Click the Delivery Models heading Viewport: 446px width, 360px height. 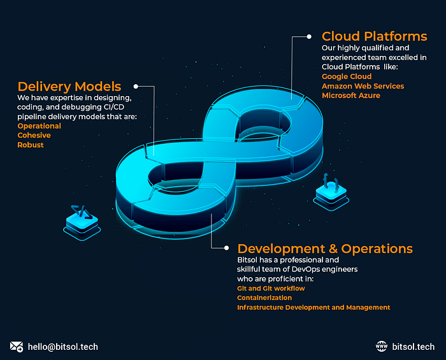click(69, 86)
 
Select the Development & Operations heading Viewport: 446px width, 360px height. click(325, 248)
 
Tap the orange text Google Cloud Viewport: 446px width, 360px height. click(347, 76)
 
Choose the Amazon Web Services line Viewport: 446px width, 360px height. click(363, 86)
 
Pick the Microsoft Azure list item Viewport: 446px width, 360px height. click(350, 96)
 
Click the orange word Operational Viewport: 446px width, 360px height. click(40, 126)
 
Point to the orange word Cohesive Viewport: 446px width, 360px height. click(34, 136)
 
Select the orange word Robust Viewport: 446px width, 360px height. click(31, 145)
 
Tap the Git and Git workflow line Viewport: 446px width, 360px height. click(271, 289)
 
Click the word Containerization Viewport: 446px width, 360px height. click(264, 298)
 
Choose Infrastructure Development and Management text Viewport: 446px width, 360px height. click(313, 307)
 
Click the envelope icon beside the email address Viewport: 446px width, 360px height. click(17, 347)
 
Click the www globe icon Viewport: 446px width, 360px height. click(382, 347)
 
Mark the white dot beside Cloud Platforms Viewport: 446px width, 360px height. click(309, 36)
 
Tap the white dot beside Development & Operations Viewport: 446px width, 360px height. click(226, 248)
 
